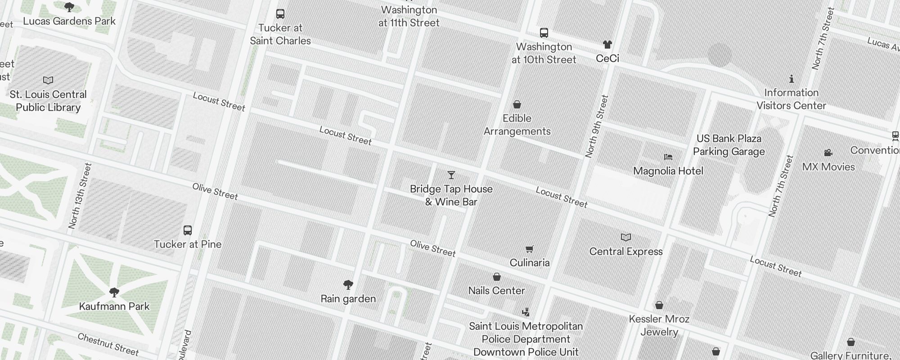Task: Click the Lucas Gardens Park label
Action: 69,21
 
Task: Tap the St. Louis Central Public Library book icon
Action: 48,81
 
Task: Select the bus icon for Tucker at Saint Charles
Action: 280,14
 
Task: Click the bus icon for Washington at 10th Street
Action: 544,33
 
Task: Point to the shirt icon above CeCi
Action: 607,45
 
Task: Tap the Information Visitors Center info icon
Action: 791,79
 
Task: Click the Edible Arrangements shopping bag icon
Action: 517,105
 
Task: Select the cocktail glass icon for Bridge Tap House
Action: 451,175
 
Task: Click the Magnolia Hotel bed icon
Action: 668,157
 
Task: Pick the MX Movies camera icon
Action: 828,153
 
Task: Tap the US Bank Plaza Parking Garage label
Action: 729,145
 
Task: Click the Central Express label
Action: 626,252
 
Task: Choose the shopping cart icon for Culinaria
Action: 530,249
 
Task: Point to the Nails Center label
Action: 496,291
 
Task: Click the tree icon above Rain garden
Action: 348,284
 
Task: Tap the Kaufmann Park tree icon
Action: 114,292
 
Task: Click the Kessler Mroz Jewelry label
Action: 659,325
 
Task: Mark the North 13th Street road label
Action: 80,196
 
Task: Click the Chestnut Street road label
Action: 108,344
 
